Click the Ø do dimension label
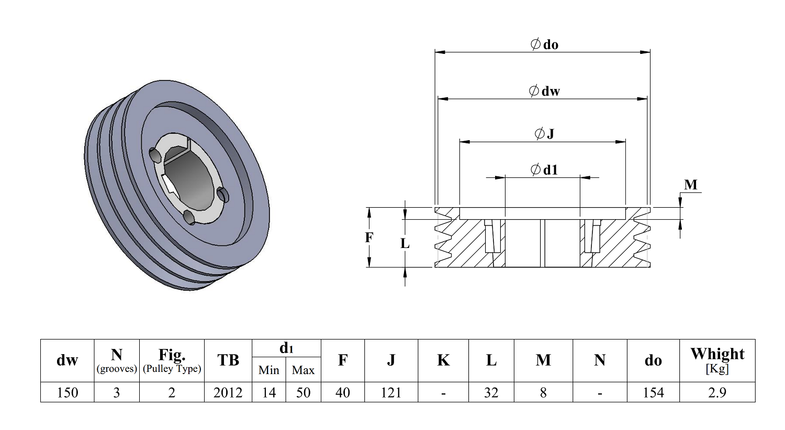tap(544, 44)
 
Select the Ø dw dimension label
tap(544, 91)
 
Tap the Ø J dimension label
tap(544, 134)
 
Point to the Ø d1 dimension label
tap(544, 169)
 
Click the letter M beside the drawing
tap(691, 185)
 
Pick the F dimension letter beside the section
tap(369, 237)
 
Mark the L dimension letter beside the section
tap(405, 243)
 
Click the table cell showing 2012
tap(228, 392)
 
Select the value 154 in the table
tap(653, 392)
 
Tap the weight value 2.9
tap(717, 392)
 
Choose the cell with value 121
tap(391, 392)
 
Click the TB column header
tap(228, 360)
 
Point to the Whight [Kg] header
tap(717, 360)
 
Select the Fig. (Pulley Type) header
tap(172, 360)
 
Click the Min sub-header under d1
tap(268, 370)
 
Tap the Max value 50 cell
tap(303, 392)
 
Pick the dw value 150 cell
tap(68, 392)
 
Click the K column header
tap(443, 360)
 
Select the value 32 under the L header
tap(491, 392)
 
